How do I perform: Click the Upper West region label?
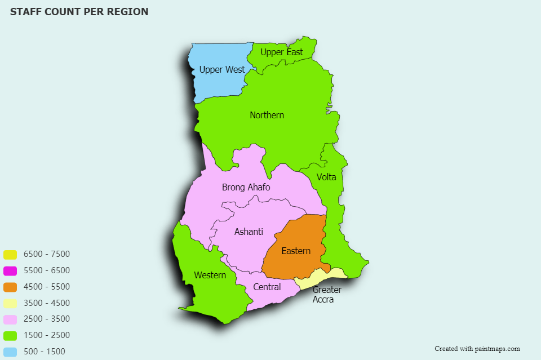(222, 70)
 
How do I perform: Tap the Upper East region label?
(281, 52)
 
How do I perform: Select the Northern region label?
(267, 115)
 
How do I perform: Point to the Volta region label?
(326, 177)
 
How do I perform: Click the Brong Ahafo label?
(246, 188)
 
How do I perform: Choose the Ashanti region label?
(249, 232)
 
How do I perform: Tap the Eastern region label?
(296, 251)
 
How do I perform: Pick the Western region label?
(210, 275)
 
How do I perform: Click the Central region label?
(267, 287)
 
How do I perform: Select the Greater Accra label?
(327, 295)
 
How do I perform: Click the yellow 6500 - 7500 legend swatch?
(10, 255)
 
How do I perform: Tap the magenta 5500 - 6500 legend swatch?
(10, 271)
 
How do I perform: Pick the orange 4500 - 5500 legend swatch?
(10, 287)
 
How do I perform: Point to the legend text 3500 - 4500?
(47, 303)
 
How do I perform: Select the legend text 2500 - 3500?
(47, 319)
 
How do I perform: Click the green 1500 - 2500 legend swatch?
(10, 336)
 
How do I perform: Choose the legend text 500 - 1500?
(45, 352)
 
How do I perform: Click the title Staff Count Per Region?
(79, 12)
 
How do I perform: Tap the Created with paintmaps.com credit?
(477, 349)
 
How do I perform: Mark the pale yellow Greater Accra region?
(334, 274)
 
